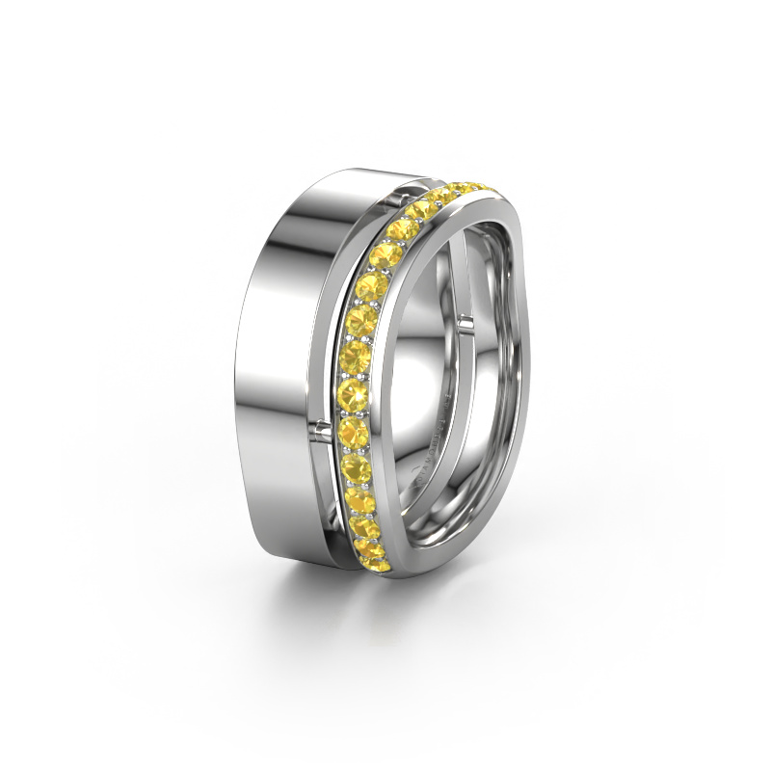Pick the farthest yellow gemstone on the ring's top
(475, 182)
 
